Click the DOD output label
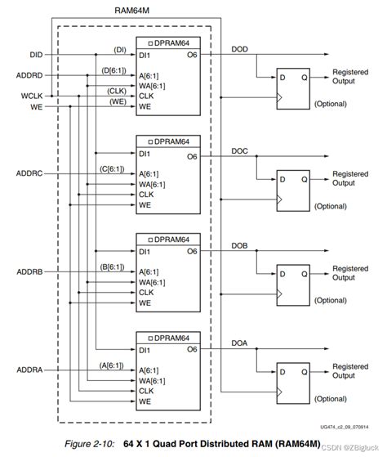(x=240, y=49)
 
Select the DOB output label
(x=240, y=246)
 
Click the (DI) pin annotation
(x=118, y=49)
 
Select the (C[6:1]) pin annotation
(x=113, y=168)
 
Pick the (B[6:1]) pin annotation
(x=113, y=266)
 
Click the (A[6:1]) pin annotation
(x=113, y=364)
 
